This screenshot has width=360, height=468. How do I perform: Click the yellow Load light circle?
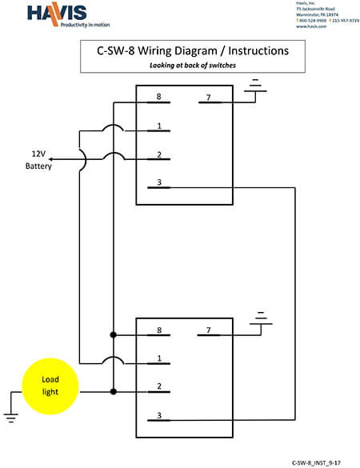(51, 386)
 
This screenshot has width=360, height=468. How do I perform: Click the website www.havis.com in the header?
(311, 26)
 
